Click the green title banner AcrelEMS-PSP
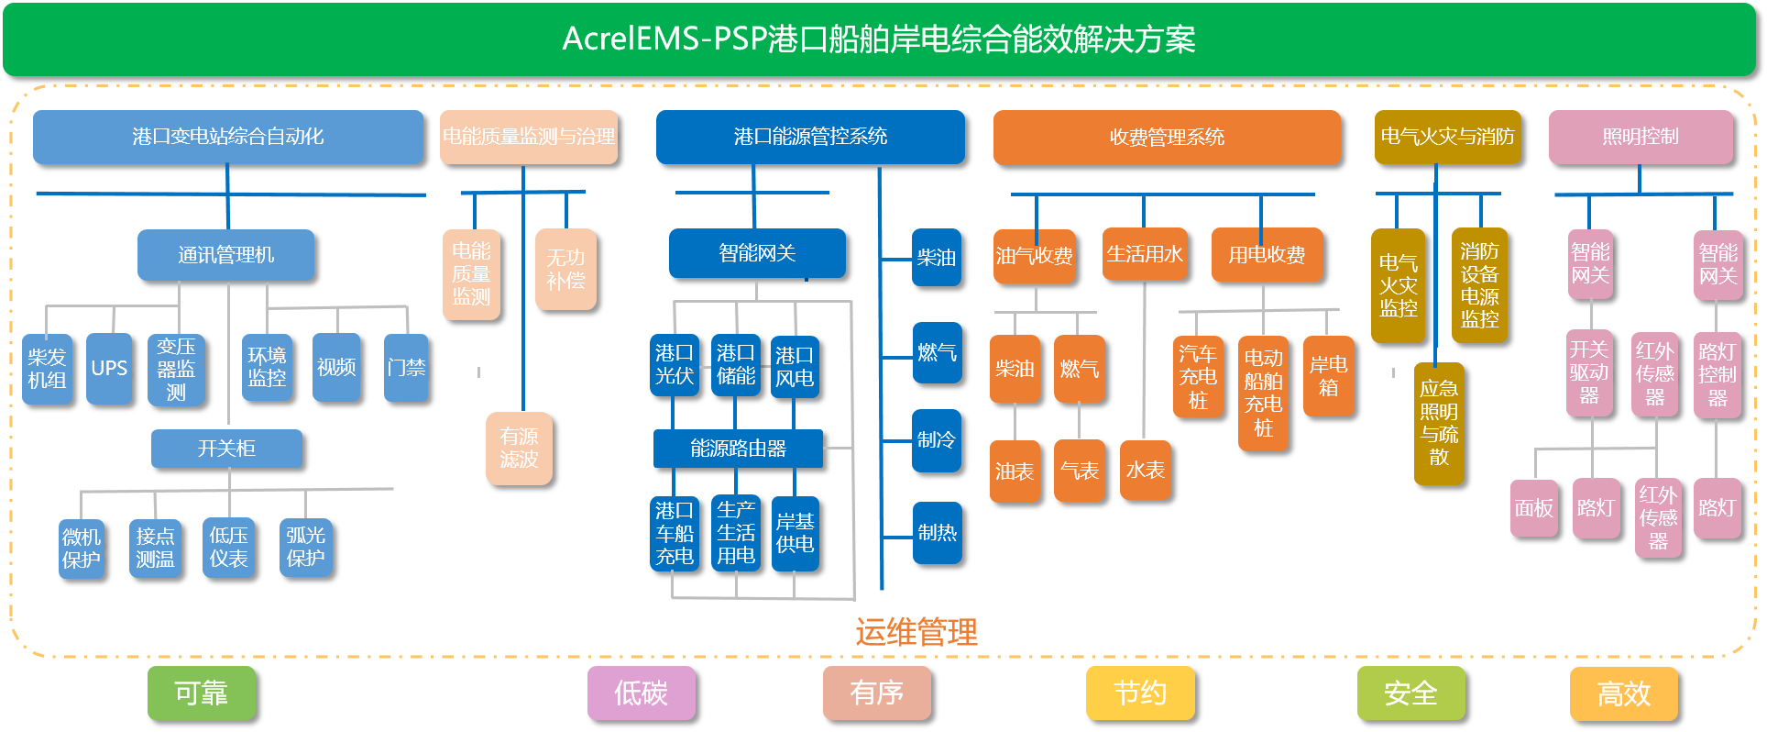tap(878, 39)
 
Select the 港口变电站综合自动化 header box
tap(227, 137)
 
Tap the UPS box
tap(109, 368)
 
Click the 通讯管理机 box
tap(225, 255)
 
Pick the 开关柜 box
tap(226, 449)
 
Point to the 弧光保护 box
tap(305, 547)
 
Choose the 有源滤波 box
tap(519, 448)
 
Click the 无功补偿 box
tap(565, 269)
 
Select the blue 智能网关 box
tap(757, 253)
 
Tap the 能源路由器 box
tap(738, 449)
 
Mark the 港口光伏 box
tap(674, 365)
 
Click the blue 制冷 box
tap(937, 440)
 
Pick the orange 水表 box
tap(1145, 471)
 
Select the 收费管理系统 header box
tap(1166, 138)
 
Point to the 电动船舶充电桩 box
tap(1263, 393)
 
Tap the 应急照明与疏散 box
tap(1439, 423)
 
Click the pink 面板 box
tap(1533, 507)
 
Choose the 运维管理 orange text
tap(916, 632)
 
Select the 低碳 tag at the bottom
tap(641, 693)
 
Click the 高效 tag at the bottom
tap(1623, 693)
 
